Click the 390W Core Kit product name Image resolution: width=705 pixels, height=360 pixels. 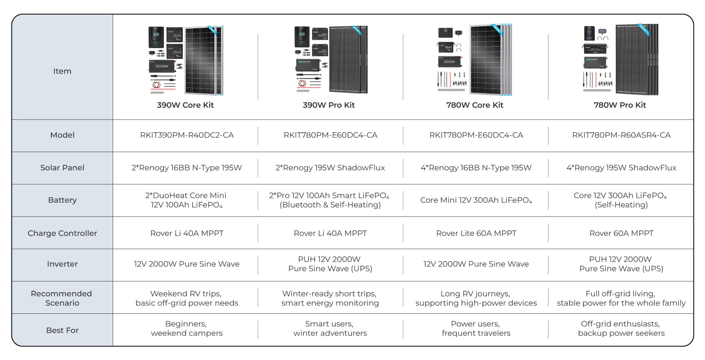tap(185, 105)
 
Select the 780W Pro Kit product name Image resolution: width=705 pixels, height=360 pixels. tap(620, 105)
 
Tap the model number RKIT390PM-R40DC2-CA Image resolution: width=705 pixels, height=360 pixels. tap(187, 135)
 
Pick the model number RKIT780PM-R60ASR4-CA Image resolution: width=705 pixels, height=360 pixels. tap(621, 135)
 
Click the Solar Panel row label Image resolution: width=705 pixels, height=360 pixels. tap(62, 168)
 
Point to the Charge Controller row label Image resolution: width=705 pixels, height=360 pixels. tap(62, 233)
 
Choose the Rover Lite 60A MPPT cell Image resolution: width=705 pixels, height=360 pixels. tap(476, 233)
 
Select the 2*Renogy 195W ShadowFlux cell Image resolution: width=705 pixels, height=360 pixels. tap(330, 168)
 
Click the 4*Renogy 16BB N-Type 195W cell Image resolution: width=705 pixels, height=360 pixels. tap(476, 168)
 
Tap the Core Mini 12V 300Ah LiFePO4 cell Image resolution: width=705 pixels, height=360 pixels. tap(476, 200)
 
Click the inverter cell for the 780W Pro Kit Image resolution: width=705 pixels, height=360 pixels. tap(621, 264)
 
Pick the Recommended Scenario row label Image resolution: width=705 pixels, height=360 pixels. tap(62, 298)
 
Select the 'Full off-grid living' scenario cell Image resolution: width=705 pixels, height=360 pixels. tap(621, 298)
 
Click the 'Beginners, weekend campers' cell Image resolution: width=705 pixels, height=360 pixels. tap(187, 328)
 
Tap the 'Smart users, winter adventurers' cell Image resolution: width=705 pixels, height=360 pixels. tap(330, 328)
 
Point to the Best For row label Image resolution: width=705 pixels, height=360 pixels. tap(62, 330)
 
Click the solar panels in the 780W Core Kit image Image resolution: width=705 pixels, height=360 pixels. tap(491, 60)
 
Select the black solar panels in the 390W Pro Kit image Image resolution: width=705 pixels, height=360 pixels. tap(348, 60)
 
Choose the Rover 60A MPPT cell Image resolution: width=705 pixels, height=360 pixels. tap(621, 233)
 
